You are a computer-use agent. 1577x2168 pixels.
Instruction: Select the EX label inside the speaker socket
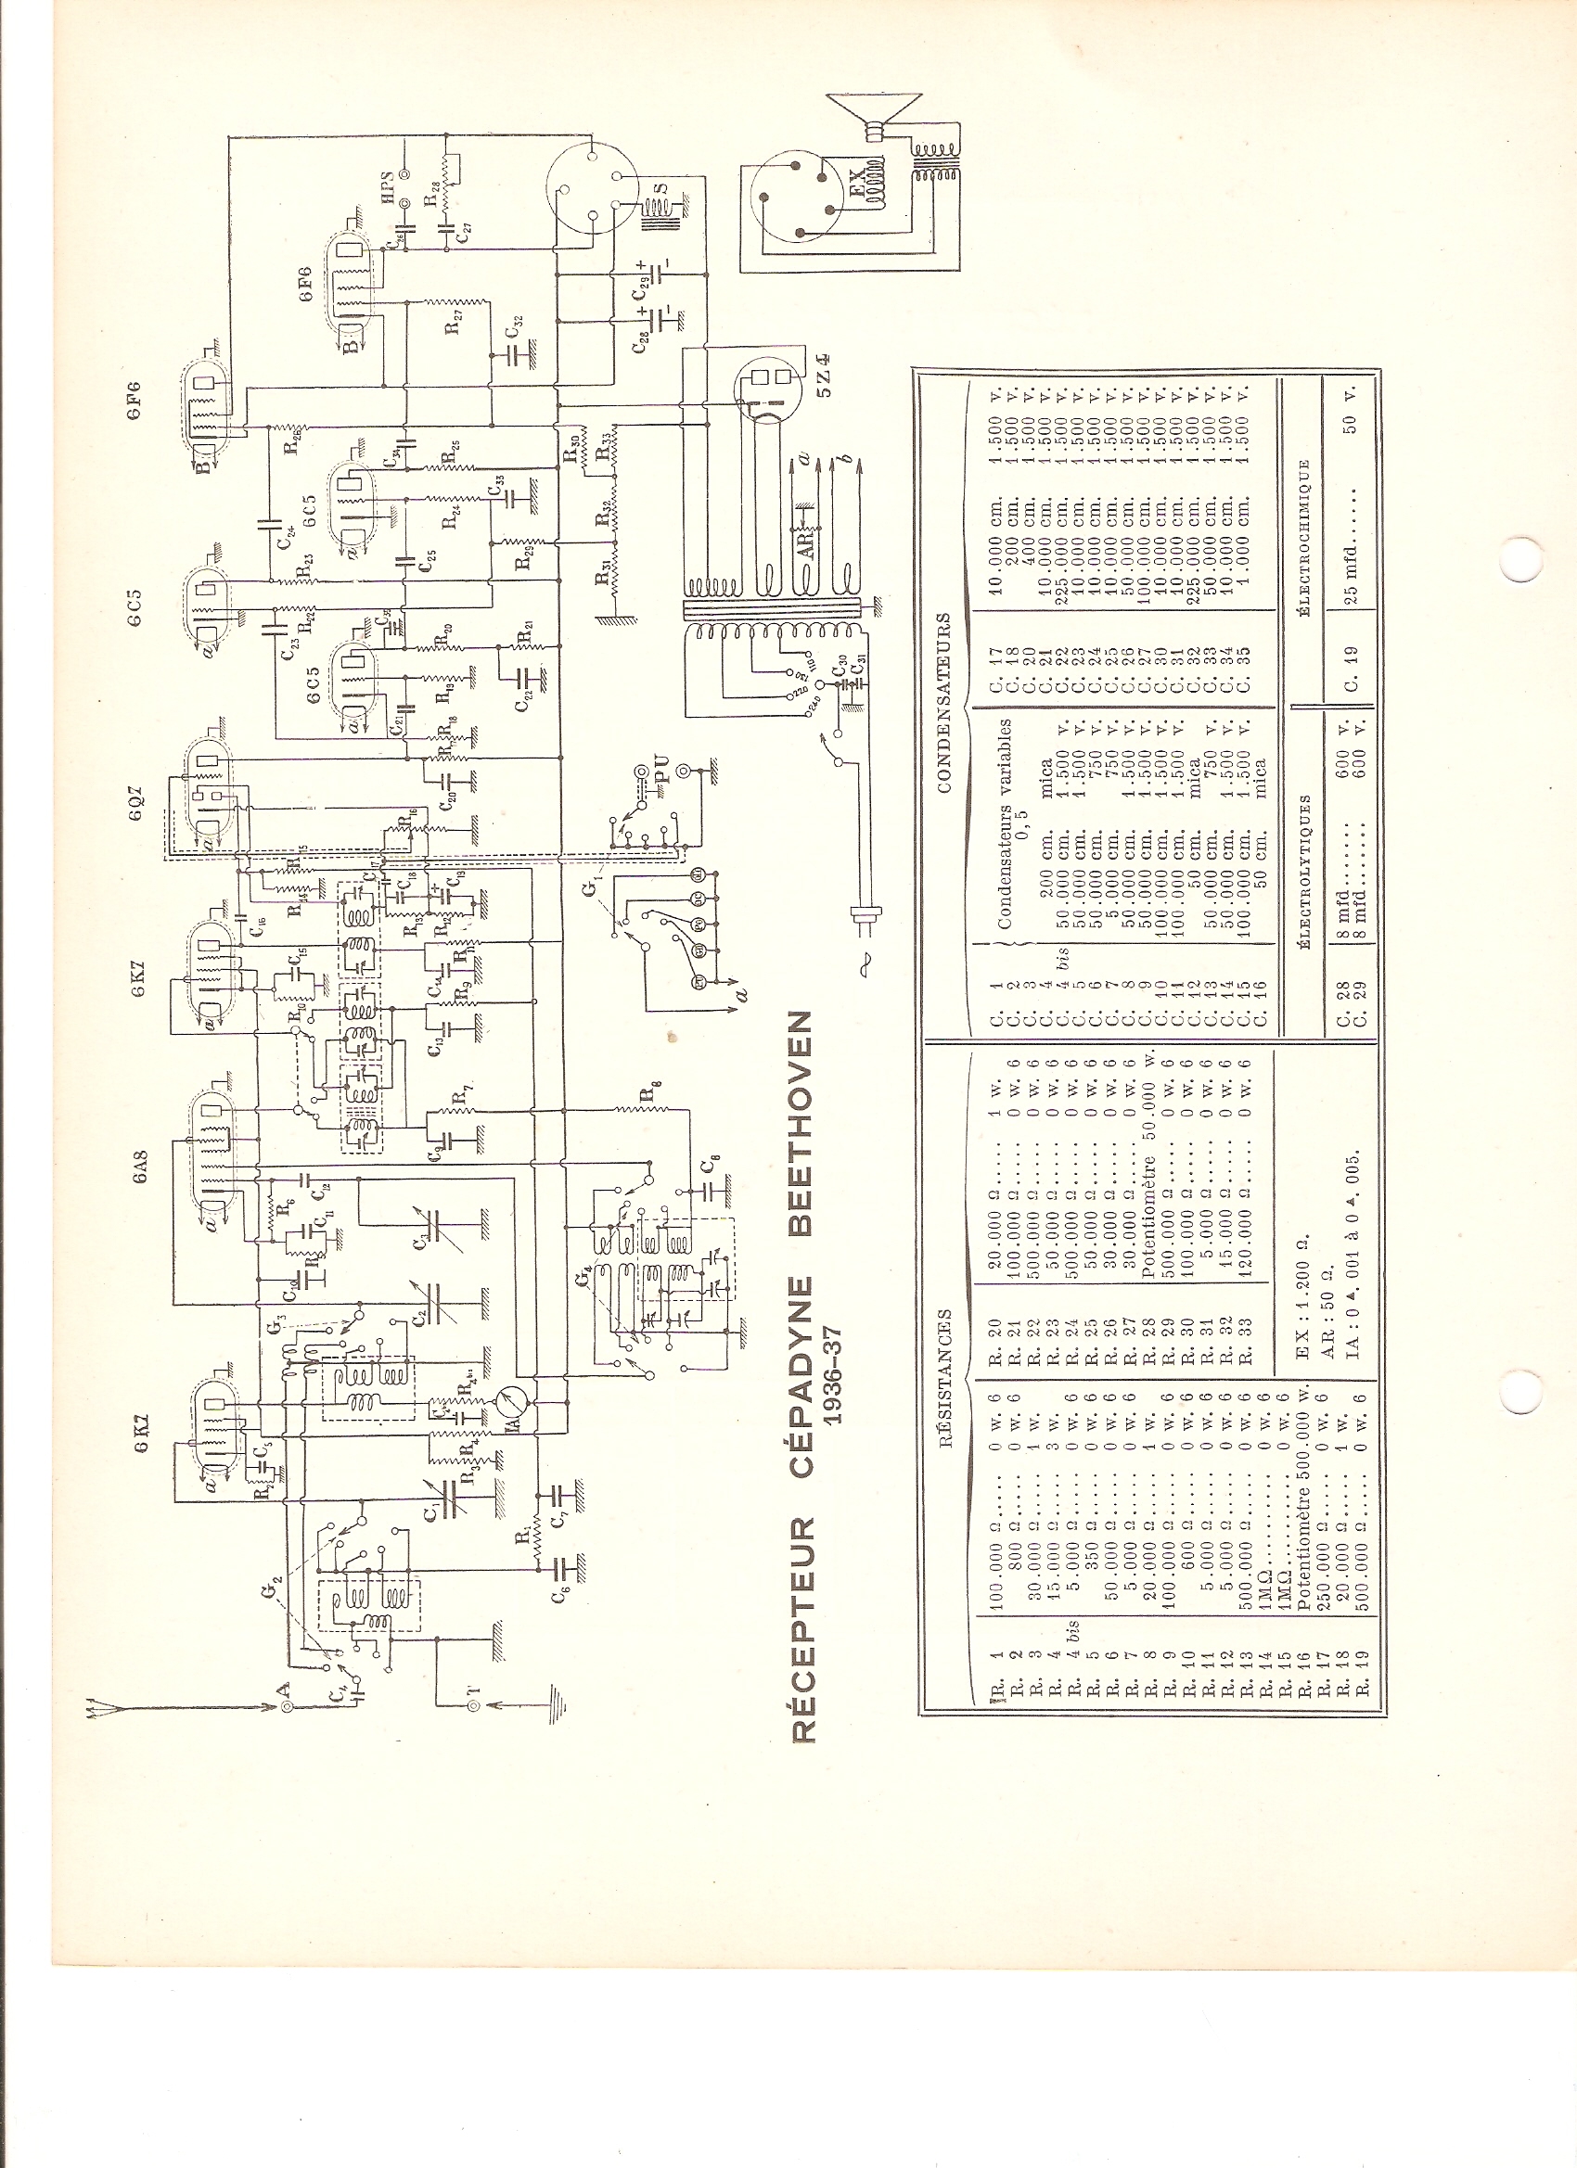click(x=858, y=186)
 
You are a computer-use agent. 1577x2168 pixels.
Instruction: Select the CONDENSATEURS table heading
click(x=944, y=703)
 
